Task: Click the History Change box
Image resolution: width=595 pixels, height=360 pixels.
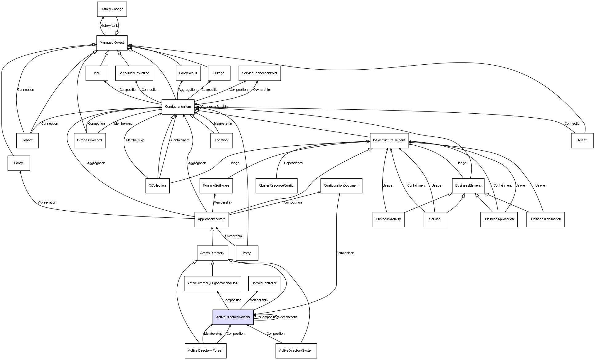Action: pos(112,9)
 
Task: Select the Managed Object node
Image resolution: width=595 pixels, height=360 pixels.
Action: pos(112,43)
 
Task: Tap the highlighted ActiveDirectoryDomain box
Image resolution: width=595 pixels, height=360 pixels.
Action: pos(233,317)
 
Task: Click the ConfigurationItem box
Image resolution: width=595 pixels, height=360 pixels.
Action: pos(178,107)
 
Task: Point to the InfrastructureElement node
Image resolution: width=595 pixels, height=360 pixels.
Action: pos(389,140)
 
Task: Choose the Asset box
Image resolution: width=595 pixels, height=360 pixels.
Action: pos(582,140)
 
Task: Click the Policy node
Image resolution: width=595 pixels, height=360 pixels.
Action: pos(19,163)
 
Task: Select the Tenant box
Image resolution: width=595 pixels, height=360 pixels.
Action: pos(27,140)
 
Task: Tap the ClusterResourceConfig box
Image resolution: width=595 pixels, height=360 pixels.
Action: pos(276,186)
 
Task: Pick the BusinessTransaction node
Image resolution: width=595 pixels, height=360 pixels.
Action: pos(545,219)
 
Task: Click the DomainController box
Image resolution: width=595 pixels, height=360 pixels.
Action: pos(264,283)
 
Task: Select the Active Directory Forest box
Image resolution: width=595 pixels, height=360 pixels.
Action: pos(205,351)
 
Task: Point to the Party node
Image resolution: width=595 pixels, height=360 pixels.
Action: pos(247,253)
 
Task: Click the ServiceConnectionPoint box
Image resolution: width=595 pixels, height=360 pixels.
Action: pos(259,73)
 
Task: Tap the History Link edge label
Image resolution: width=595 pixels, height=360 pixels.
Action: pos(109,26)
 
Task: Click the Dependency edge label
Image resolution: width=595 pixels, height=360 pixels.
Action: pos(293,163)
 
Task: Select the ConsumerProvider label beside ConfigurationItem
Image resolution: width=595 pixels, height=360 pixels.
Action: pos(215,107)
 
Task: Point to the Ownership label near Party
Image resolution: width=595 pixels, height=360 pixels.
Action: pos(233,236)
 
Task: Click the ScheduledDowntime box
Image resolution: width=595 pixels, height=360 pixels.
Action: pos(134,73)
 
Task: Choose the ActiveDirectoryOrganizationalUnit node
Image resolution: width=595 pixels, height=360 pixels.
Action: pos(212,283)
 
